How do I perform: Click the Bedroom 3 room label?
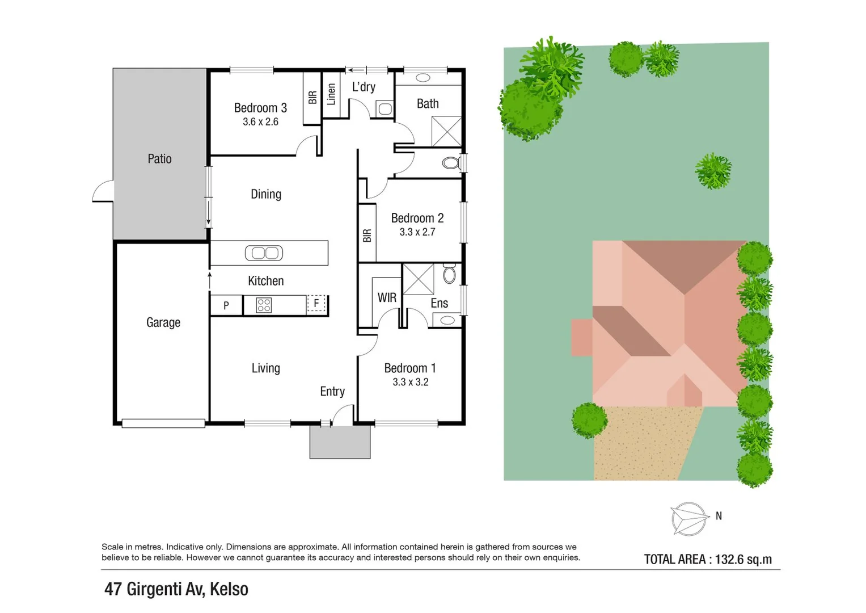[x=260, y=108]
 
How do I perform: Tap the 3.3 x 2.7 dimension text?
[x=417, y=232]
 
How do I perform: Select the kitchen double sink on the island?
[x=264, y=253]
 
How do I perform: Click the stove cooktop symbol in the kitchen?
[x=264, y=305]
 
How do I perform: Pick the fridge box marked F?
[x=316, y=304]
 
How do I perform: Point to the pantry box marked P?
[x=226, y=305]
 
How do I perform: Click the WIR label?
[x=387, y=298]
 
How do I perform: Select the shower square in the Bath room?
[x=446, y=131]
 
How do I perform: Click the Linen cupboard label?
[x=332, y=94]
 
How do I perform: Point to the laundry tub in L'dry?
[x=385, y=108]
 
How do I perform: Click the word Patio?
[x=159, y=159]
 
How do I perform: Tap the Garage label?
[x=163, y=322]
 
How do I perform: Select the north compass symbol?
[x=690, y=518]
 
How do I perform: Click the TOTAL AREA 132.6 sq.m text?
[x=708, y=559]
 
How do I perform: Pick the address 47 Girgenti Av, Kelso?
[x=176, y=589]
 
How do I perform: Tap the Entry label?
[x=332, y=392]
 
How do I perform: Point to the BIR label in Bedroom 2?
[x=367, y=236]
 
